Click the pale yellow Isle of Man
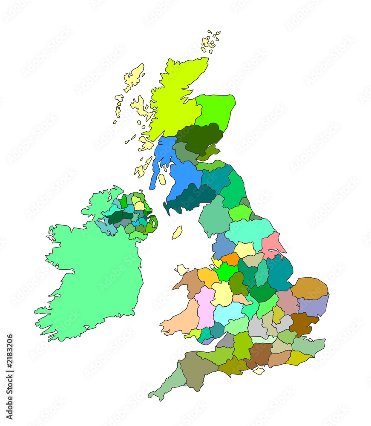tap(177, 233)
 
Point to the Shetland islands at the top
tap(210, 42)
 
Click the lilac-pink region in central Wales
tap(205, 307)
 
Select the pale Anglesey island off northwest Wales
tap(182, 269)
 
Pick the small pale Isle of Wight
tap(259, 371)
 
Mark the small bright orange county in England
tap(230, 259)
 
